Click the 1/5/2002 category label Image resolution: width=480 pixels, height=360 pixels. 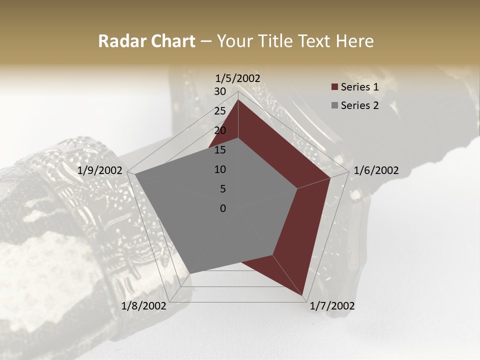pyautogui.click(x=238, y=78)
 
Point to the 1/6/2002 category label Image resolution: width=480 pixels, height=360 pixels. pyautogui.click(x=376, y=170)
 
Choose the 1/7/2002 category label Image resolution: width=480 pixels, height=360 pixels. pyautogui.click(x=332, y=306)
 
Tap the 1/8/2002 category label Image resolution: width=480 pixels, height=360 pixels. pyautogui.click(x=144, y=306)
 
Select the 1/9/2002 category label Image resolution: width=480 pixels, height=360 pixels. pyautogui.click(x=100, y=170)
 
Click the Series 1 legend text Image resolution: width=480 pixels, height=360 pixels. pyautogui.click(x=359, y=87)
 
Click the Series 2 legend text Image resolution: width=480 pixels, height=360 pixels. pyautogui.click(x=359, y=105)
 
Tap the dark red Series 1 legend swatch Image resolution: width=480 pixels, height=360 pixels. pyautogui.click(x=334, y=87)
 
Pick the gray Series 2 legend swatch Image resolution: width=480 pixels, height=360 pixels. pyautogui.click(x=334, y=105)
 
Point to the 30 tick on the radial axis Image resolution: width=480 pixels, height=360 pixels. pyautogui.click(x=220, y=91)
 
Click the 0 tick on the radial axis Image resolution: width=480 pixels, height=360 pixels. pyautogui.click(x=223, y=208)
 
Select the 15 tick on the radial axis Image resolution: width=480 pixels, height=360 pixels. pyautogui.click(x=220, y=150)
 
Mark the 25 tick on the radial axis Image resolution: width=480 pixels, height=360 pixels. pyautogui.click(x=220, y=111)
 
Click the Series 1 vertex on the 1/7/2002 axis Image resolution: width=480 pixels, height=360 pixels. pyautogui.click(x=303, y=295)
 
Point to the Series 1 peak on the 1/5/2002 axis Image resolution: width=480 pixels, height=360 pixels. pyautogui.click(x=238, y=99)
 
